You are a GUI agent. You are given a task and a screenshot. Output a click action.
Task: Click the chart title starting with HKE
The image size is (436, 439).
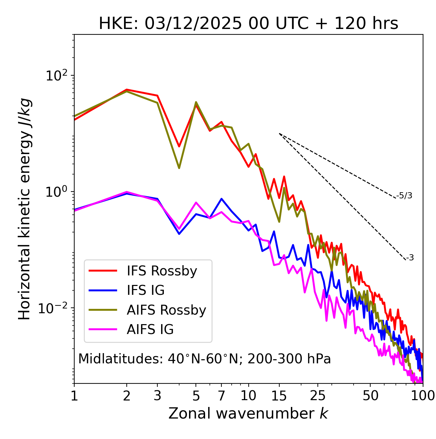coord(248,24)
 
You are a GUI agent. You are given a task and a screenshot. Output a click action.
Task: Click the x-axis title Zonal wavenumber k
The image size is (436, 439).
coord(248,413)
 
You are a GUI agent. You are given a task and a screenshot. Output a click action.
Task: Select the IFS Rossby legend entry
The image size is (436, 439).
coord(162,271)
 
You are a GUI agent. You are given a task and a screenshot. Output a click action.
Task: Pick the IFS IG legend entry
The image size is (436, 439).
coord(145,290)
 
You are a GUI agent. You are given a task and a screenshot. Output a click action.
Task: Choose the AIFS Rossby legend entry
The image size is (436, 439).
coord(166,310)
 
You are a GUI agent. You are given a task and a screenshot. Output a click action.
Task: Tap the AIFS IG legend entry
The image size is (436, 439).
coord(150,329)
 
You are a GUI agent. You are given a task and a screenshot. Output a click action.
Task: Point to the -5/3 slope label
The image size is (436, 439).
coord(404,196)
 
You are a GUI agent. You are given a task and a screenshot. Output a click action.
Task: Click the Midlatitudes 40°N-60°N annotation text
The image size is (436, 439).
coord(204,359)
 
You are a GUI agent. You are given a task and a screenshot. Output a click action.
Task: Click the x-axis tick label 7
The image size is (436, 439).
coord(221,395)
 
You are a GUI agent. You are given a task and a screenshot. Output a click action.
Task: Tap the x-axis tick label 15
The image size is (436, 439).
coord(279,395)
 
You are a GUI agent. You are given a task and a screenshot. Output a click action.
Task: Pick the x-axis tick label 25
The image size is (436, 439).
coord(318,395)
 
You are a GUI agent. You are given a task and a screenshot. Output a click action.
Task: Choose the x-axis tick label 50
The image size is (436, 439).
coord(370,395)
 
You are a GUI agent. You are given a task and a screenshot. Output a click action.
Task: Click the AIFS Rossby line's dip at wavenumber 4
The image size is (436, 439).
coord(179,168)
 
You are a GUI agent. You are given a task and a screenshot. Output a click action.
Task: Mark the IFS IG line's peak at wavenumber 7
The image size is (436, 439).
coord(221,199)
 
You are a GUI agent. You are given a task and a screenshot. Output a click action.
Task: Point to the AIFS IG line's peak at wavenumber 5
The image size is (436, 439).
coord(196,202)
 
